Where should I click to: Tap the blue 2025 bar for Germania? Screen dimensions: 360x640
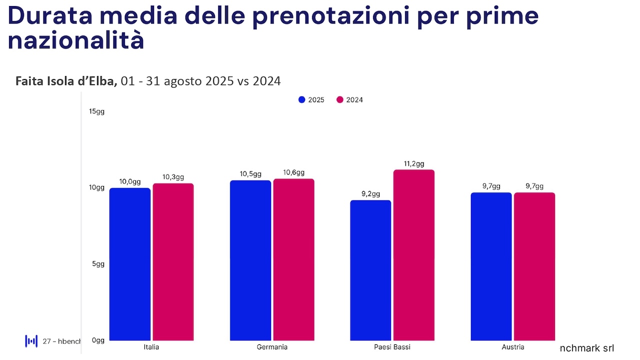pyautogui.click(x=250, y=260)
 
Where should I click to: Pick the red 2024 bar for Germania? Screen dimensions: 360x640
pyautogui.click(x=293, y=259)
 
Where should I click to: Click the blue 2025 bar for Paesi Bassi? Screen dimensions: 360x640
pyautogui.click(x=370, y=270)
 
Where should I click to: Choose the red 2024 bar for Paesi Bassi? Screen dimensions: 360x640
pyautogui.click(x=414, y=255)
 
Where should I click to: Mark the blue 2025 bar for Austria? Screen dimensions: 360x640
pyautogui.click(x=491, y=266)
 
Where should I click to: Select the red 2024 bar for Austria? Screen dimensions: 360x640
pyautogui.click(x=534, y=266)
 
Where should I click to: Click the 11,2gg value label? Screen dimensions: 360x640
pyautogui.click(x=413, y=164)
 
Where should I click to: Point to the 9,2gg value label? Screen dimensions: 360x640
pyautogui.click(x=370, y=194)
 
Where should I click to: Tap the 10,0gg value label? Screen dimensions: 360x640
pyautogui.click(x=129, y=181)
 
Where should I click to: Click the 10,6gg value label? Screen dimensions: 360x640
pyautogui.click(x=293, y=172)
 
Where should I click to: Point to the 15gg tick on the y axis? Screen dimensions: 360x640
pyautogui.click(x=96, y=111)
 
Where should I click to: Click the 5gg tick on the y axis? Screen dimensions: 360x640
pyautogui.click(x=98, y=264)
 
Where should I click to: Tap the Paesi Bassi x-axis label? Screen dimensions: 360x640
pyautogui.click(x=392, y=347)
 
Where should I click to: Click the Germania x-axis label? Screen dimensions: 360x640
pyautogui.click(x=272, y=347)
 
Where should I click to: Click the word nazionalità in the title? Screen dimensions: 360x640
pyautogui.click(x=75, y=41)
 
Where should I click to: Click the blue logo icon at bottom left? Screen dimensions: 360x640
pyautogui.click(x=31, y=341)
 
